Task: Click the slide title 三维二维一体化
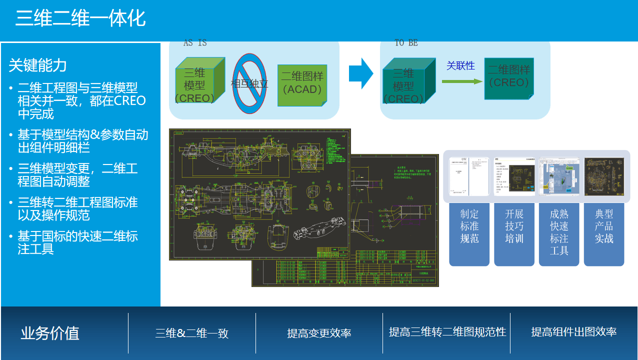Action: pyautogui.click(x=80, y=18)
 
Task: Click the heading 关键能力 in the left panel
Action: pyautogui.click(x=37, y=65)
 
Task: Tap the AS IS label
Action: pyautogui.click(x=195, y=43)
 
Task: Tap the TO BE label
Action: pyautogui.click(x=406, y=43)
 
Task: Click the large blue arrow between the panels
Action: pyautogui.click(x=360, y=73)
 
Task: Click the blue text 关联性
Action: pyautogui.click(x=460, y=65)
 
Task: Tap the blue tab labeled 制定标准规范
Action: pyautogui.click(x=469, y=232)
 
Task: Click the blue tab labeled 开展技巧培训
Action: pyautogui.click(x=514, y=232)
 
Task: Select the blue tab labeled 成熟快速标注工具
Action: pyautogui.click(x=559, y=232)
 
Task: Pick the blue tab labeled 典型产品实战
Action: pyautogui.click(x=604, y=232)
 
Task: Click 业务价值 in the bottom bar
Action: pyautogui.click(x=50, y=333)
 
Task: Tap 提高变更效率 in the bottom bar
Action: pyautogui.click(x=319, y=333)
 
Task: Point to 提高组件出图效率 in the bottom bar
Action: pyautogui.click(x=573, y=331)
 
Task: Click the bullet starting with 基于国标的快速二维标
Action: pyautogui.click(x=77, y=242)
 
